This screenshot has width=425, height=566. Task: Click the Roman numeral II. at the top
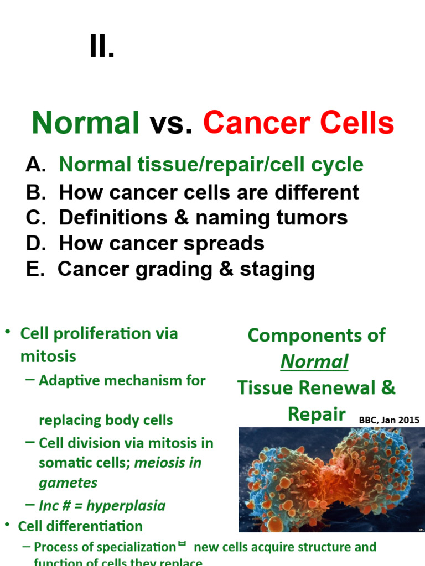pos(102,49)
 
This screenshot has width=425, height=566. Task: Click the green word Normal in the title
pos(86,123)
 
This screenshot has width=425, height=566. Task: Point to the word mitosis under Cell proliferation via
pos(48,357)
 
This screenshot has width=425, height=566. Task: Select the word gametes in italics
pos(68,483)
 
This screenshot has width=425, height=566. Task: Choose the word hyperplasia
pos(127,506)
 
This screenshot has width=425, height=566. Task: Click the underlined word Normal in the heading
pos(314,361)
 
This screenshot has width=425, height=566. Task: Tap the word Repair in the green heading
pos(317,415)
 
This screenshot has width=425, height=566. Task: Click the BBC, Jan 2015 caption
pos(389,421)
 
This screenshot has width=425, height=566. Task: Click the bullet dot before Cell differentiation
pos(8,525)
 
